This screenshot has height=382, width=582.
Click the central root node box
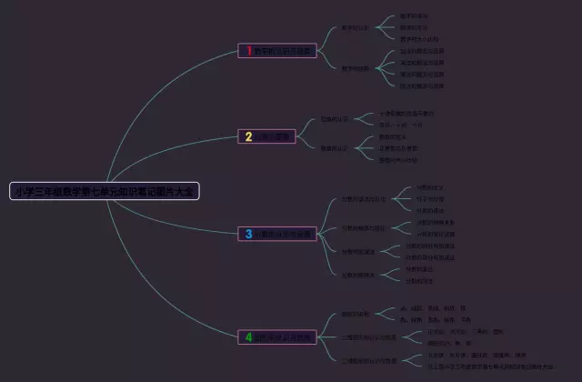click(x=105, y=191)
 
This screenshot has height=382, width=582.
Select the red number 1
click(x=248, y=51)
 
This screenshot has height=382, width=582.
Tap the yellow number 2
click(x=248, y=136)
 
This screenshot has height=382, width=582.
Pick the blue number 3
click(x=248, y=234)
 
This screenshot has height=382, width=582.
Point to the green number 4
click(x=248, y=337)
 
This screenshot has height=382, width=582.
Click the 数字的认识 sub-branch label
click(x=356, y=28)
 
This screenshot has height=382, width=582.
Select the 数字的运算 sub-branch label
click(x=356, y=68)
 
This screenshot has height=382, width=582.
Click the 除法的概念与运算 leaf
click(x=424, y=85)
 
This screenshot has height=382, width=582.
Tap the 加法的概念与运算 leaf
click(x=424, y=51)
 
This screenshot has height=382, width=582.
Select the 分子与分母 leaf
click(x=429, y=198)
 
